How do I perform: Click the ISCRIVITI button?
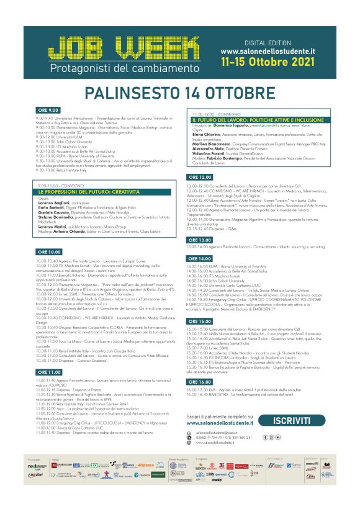299,421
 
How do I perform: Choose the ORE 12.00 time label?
201,177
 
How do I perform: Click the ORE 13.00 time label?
201,239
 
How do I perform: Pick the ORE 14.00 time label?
201,258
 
